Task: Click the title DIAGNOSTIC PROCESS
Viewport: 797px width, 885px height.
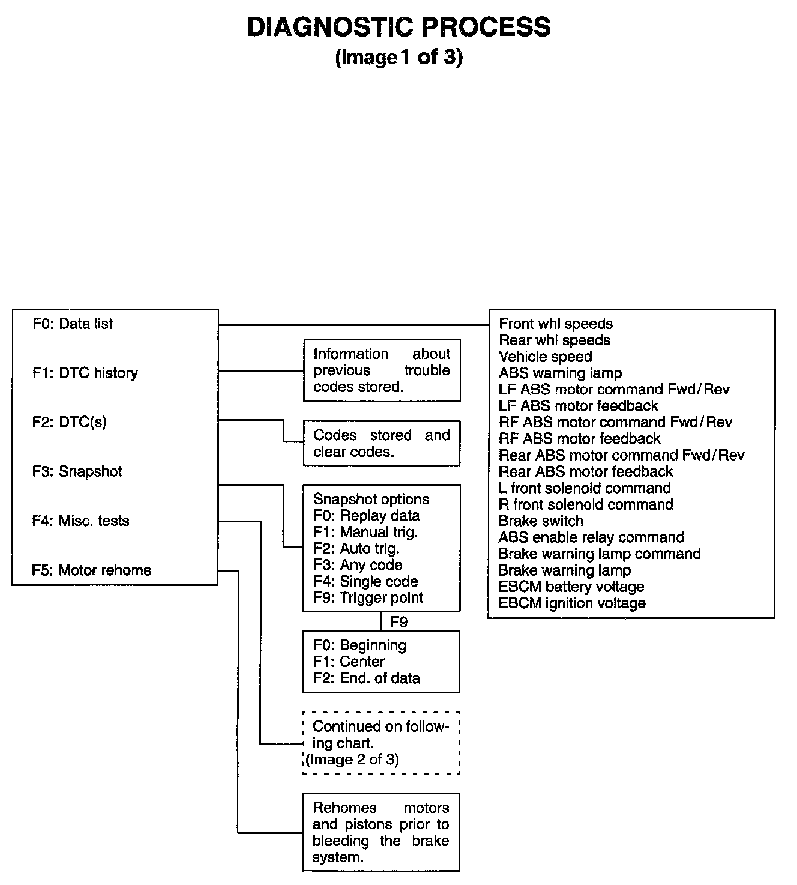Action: click(x=398, y=28)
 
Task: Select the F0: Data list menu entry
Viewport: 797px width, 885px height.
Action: click(x=73, y=324)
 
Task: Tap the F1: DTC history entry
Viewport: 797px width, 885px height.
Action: click(x=85, y=373)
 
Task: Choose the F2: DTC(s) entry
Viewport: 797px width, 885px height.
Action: click(x=70, y=423)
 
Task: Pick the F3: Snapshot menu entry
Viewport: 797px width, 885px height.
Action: click(x=77, y=472)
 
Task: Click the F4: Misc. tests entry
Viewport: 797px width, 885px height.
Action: click(x=81, y=521)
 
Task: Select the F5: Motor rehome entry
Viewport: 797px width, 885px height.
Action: click(x=92, y=570)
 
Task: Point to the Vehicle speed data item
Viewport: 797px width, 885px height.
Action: click(x=545, y=357)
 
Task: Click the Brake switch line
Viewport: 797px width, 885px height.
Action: click(x=541, y=521)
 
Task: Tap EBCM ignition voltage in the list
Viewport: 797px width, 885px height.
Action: click(x=572, y=603)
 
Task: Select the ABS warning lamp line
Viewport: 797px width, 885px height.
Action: click(x=560, y=373)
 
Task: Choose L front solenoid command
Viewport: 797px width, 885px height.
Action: click(x=585, y=488)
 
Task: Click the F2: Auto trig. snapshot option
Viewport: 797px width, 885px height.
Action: click(x=356, y=549)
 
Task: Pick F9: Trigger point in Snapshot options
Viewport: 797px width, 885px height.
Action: click(x=368, y=598)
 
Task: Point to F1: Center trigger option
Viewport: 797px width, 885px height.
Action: click(x=349, y=662)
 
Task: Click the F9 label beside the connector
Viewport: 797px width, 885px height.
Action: click(x=399, y=622)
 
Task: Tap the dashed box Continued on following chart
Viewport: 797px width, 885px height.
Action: click(x=381, y=743)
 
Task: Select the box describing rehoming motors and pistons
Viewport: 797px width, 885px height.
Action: click(x=381, y=833)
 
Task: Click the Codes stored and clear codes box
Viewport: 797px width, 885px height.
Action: click(x=382, y=444)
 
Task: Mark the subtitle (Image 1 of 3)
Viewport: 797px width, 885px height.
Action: click(x=399, y=58)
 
